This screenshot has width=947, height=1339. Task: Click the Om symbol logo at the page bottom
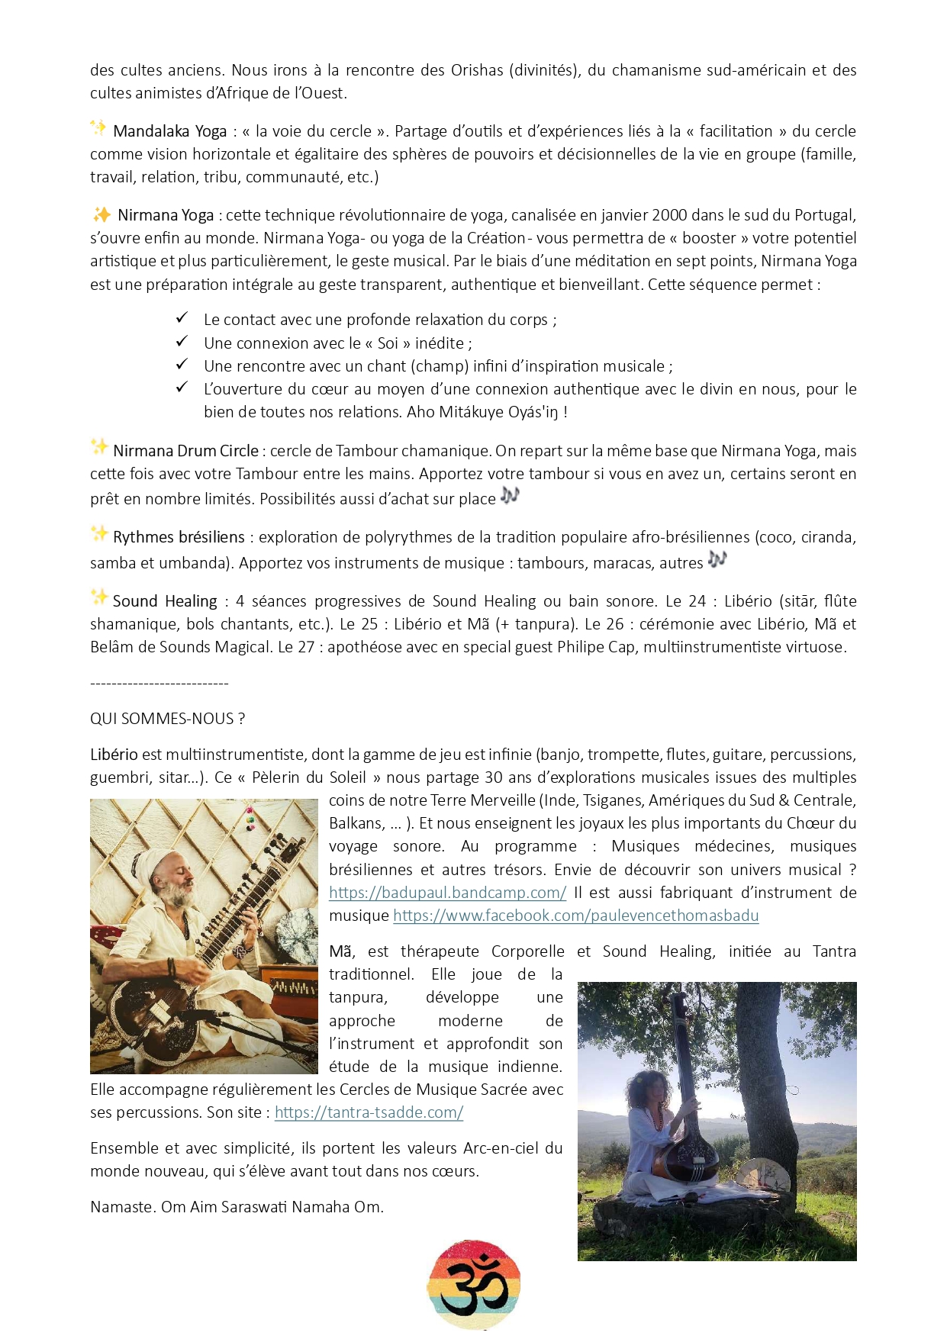click(474, 1285)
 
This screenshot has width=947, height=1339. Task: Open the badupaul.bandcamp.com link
click(447, 893)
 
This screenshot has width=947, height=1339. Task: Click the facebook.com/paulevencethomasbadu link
click(575, 916)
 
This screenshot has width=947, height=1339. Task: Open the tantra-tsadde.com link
click(369, 1112)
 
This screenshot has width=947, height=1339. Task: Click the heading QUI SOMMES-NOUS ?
click(167, 719)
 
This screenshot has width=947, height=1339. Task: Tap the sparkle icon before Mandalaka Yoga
click(98, 128)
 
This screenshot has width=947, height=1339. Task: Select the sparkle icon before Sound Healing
click(98, 597)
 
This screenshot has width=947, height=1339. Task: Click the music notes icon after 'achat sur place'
click(510, 496)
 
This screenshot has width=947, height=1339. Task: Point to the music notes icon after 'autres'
click(717, 559)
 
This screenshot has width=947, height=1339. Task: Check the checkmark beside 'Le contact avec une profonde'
click(182, 317)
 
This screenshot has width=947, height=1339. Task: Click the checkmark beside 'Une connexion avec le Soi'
click(182, 341)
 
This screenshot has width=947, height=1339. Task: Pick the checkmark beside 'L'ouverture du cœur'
click(182, 387)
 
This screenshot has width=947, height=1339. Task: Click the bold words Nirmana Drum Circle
click(185, 451)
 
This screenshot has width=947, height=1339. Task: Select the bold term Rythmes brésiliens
click(179, 537)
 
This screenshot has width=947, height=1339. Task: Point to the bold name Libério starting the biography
click(114, 755)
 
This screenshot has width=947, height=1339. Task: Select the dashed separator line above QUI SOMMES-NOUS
click(159, 683)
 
